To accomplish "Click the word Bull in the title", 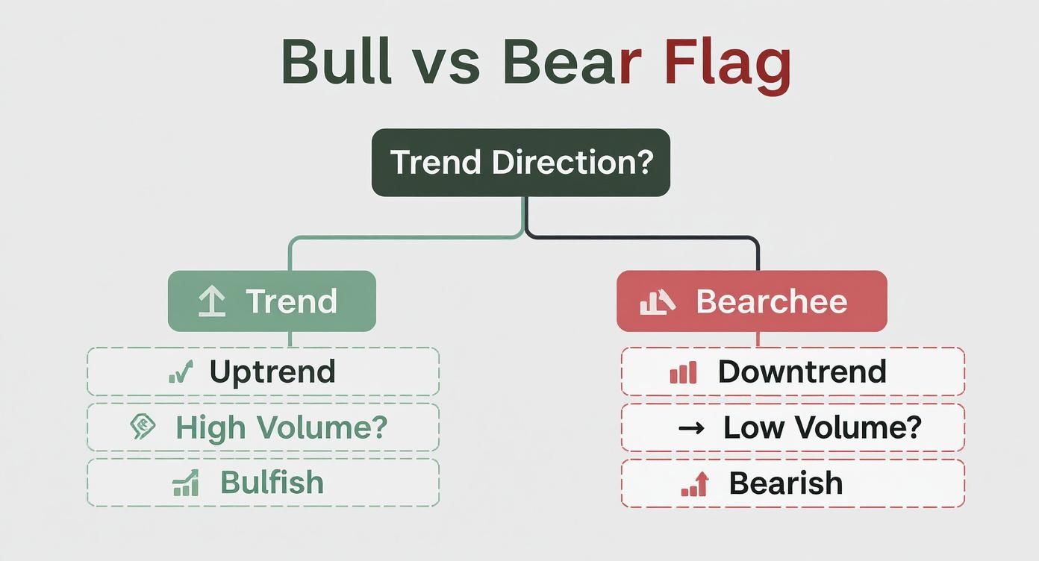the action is [x=337, y=62].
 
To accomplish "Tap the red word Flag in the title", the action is [x=728, y=66].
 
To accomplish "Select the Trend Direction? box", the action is [x=521, y=163].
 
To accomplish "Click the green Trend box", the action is [x=272, y=301].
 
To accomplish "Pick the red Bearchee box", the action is [x=752, y=301].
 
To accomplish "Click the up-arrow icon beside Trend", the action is [x=212, y=301].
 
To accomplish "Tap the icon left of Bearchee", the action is [x=658, y=302].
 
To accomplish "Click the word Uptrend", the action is [x=272, y=372].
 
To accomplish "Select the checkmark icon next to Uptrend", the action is [x=181, y=372].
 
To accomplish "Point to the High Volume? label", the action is [x=281, y=427].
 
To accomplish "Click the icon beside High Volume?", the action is [x=143, y=427].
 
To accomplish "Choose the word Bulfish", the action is [x=272, y=483].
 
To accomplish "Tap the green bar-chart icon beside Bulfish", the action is [x=186, y=483].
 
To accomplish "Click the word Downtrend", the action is [x=802, y=372].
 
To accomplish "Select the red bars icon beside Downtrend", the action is [x=683, y=372].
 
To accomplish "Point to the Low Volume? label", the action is [x=823, y=427].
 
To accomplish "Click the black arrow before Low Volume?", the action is [x=691, y=427].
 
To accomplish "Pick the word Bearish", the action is [x=786, y=483].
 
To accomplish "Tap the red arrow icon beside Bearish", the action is [x=696, y=484].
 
